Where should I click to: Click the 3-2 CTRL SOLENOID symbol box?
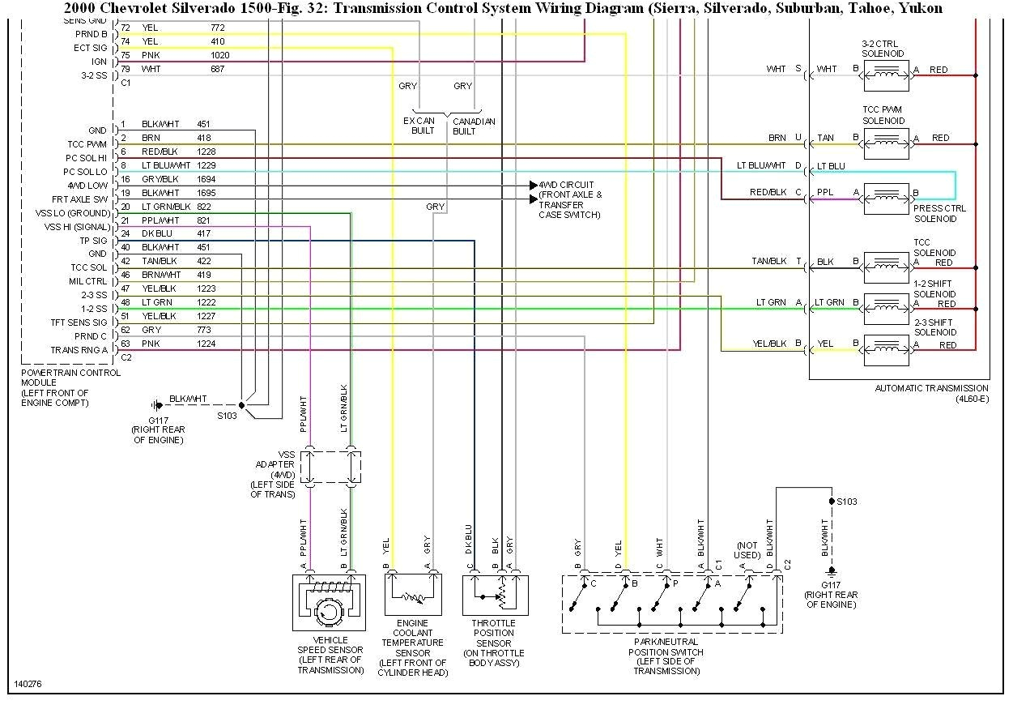coord(887,75)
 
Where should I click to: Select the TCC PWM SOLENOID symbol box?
coord(887,143)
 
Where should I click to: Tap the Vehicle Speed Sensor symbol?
coord(328,603)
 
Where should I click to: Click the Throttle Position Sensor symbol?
coord(495,596)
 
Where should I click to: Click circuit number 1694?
coord(207,179)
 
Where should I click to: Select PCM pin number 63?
coord(125,343)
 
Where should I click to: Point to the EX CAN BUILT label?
coord(419,126)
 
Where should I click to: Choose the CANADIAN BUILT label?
coord(473,126)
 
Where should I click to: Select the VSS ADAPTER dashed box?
coord(330,468)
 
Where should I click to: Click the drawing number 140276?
coord(28,684)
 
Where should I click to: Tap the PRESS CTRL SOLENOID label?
coord(939,214)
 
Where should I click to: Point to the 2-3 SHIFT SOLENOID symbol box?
coord(887,349)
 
